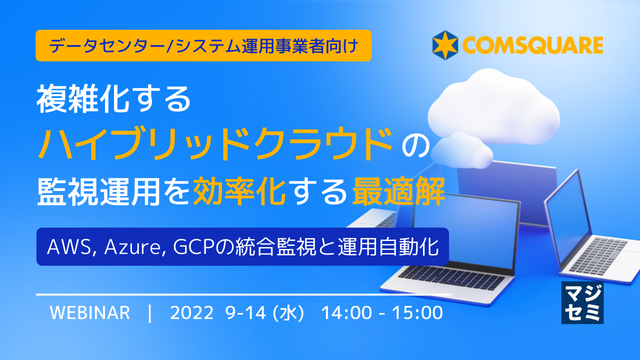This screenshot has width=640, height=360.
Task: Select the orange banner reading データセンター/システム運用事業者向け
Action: point(203,45)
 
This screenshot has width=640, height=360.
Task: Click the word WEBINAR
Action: point(90,313)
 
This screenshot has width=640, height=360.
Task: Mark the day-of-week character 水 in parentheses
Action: point(288,313)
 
